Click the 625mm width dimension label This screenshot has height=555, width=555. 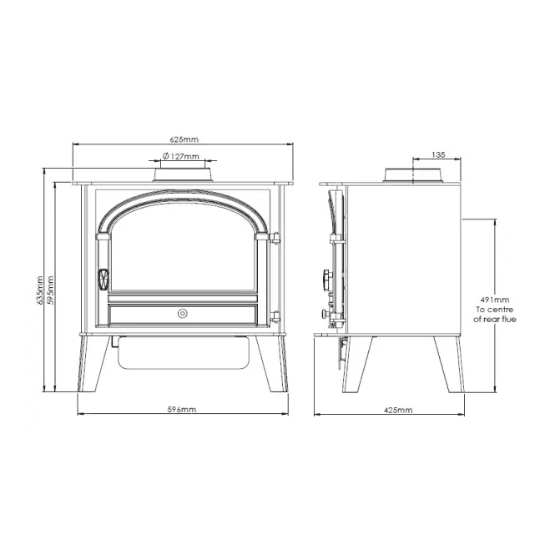click(184, 139)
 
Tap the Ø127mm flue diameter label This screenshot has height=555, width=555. click(180, 156)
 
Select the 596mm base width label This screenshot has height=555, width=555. click(182, 410)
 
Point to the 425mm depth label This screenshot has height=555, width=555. click(398, 410)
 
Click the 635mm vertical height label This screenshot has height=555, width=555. click(40, 290)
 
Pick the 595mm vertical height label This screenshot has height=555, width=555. click(50, 290)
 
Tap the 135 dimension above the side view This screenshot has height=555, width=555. click(438, 154)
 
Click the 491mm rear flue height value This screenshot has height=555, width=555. click(494, 300)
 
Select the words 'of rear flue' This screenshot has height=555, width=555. click(494, 320)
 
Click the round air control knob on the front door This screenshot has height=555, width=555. click(183, 313)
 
